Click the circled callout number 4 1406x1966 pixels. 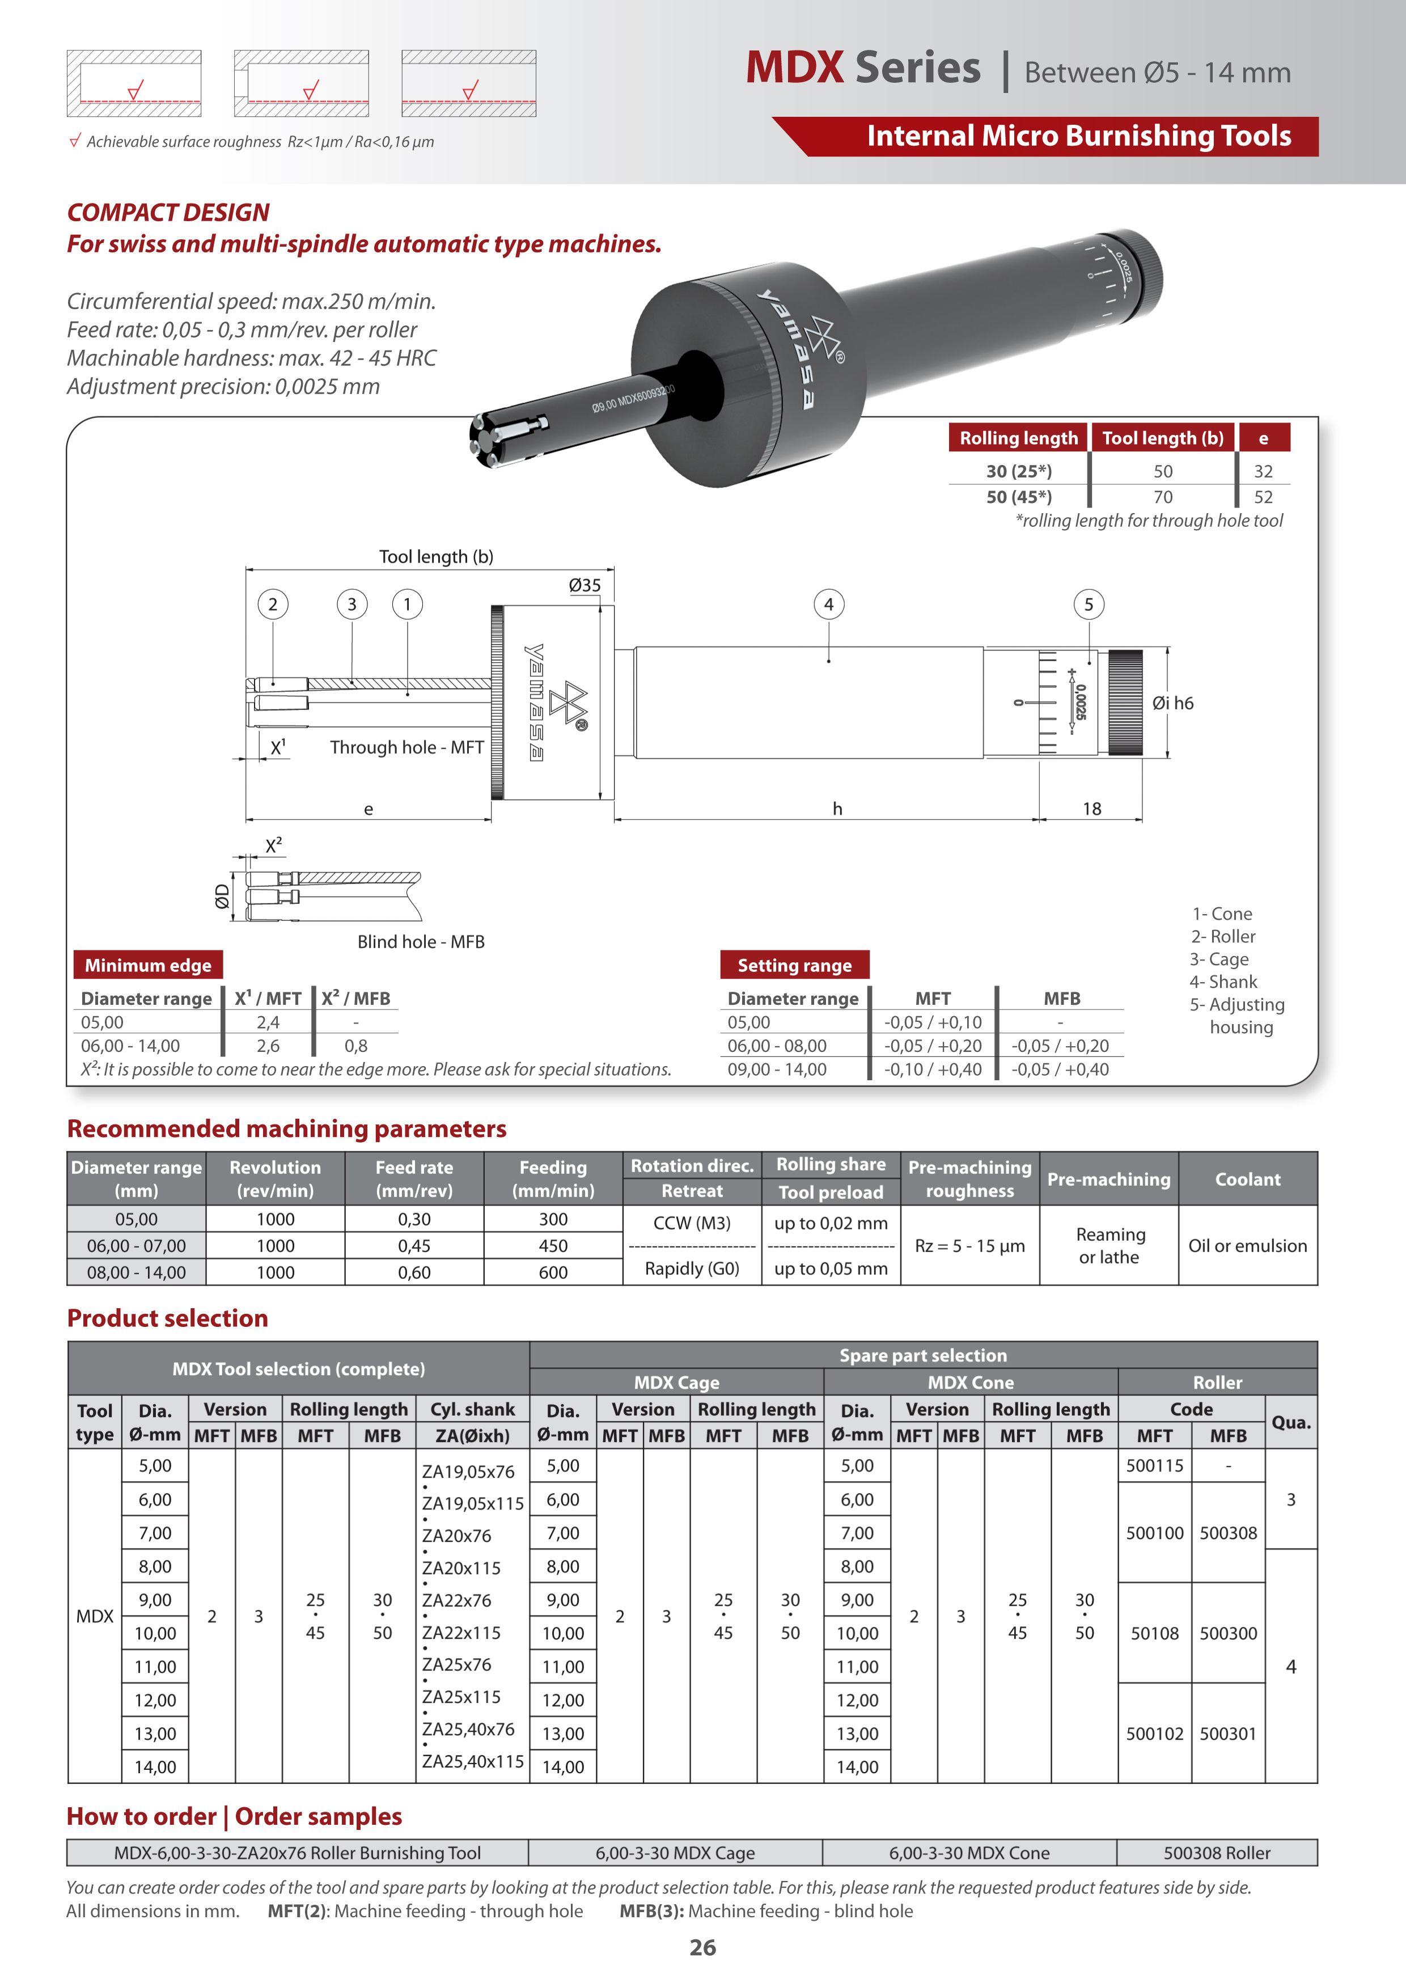click(828, 604)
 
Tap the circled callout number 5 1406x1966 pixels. click(1089, 604)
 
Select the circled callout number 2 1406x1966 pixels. click(273, 604)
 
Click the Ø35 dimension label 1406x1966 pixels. click(585, 585)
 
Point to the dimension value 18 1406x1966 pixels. click(1092, 809)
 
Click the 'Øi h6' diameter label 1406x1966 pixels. click(1172, 703)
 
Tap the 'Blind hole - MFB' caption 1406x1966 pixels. click(421, 942)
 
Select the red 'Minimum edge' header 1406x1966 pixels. click(148, 965)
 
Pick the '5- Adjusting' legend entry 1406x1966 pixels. click(1236, 1004)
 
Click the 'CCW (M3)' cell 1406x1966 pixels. click(692, 1223)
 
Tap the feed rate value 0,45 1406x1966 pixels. click(414, 1246)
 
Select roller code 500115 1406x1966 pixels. click(1154, 1466)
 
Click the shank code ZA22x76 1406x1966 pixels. click(456, 1601)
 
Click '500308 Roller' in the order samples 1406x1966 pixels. click(1217, 1853)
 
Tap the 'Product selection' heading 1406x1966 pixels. click(167, 1318)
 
